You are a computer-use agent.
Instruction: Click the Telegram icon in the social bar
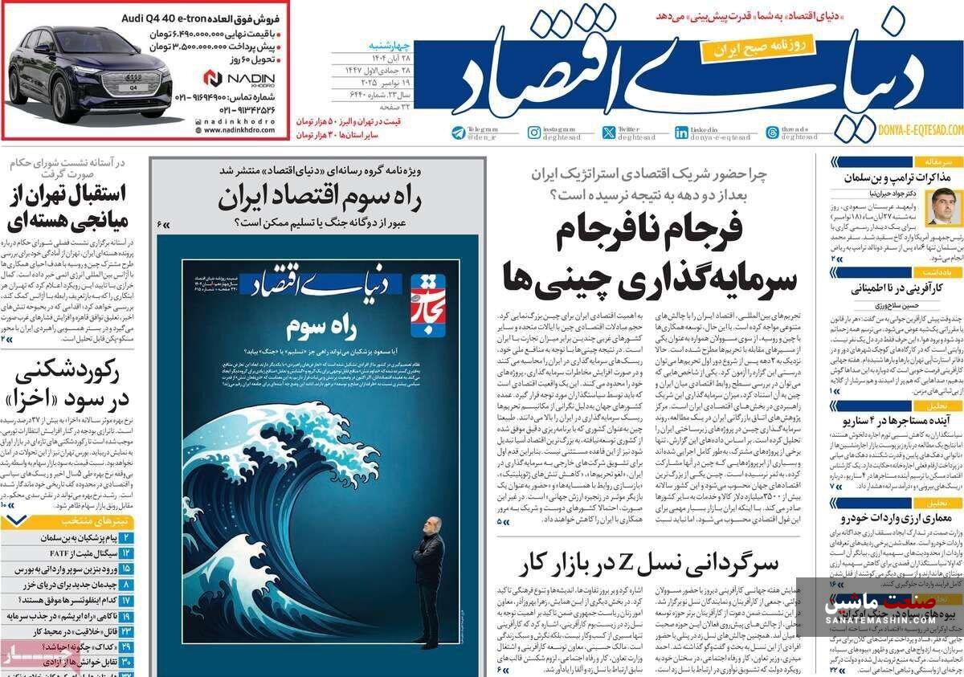[x=458, y=133]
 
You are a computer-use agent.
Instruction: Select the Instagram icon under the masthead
[x=533, y=133]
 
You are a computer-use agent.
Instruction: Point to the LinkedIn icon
[x=681, y=133]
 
